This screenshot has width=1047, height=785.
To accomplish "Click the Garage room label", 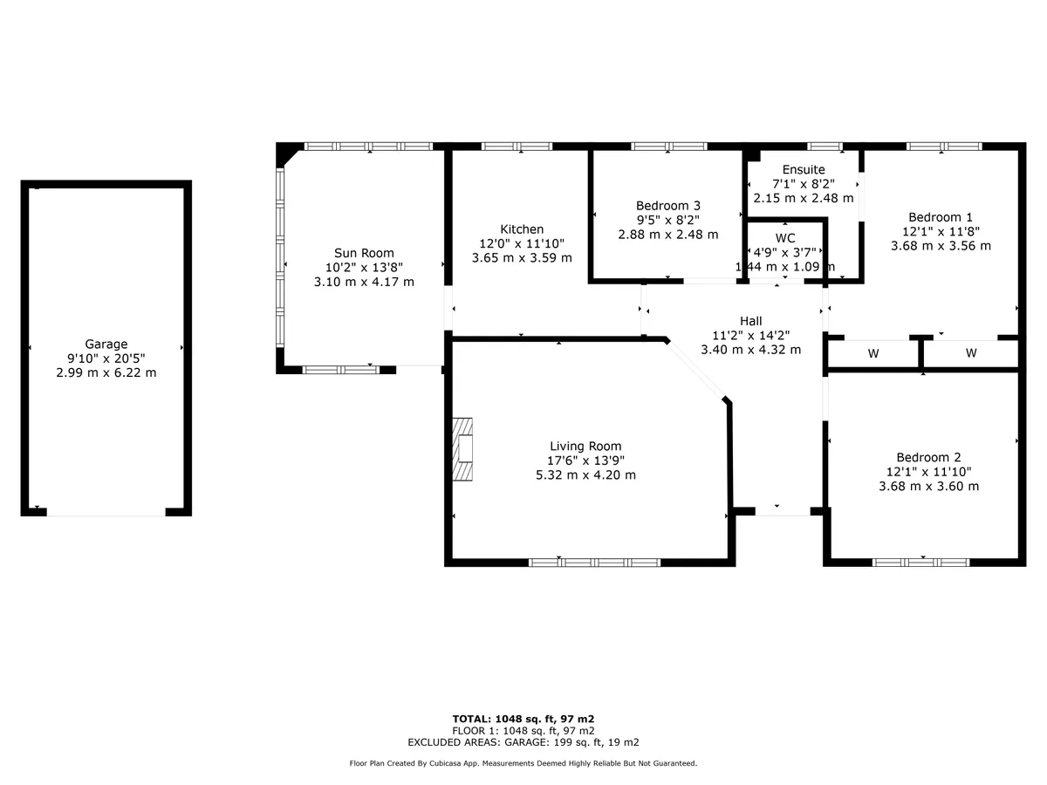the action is pos(106,344).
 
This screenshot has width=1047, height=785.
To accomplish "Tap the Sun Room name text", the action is pos(364,253).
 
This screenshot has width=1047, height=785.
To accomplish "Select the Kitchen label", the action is pos(522,229).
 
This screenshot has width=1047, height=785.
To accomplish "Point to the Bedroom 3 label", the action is pos(667,206).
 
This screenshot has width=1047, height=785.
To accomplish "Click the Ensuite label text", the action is pos(804,169).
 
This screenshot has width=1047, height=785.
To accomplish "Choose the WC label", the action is pos(784,238).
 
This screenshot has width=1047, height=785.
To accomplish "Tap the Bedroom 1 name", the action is pos(941,217).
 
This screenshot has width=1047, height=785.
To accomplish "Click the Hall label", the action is pos(750,321).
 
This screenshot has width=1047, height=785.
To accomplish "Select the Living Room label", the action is pos(585,446).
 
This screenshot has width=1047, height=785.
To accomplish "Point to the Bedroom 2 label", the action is pos(928,457).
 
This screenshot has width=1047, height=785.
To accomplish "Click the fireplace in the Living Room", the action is pos(462,449).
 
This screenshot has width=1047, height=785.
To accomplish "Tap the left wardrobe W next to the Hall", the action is pos(872,353).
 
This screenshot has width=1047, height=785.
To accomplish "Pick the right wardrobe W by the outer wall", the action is pos(971,352).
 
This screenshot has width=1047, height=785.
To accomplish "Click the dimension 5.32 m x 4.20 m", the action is pos(585,474).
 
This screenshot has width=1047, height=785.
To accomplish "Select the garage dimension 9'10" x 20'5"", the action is pos(106,358).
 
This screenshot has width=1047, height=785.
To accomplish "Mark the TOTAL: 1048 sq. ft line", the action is pos(523,719).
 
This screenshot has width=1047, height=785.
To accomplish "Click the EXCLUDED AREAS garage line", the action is pos(523,742).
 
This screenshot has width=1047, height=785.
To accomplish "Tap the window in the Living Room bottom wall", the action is pos(594,563).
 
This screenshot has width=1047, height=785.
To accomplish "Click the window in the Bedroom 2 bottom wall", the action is pos(920,563).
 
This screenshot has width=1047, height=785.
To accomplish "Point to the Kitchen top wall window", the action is pos(517,147).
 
